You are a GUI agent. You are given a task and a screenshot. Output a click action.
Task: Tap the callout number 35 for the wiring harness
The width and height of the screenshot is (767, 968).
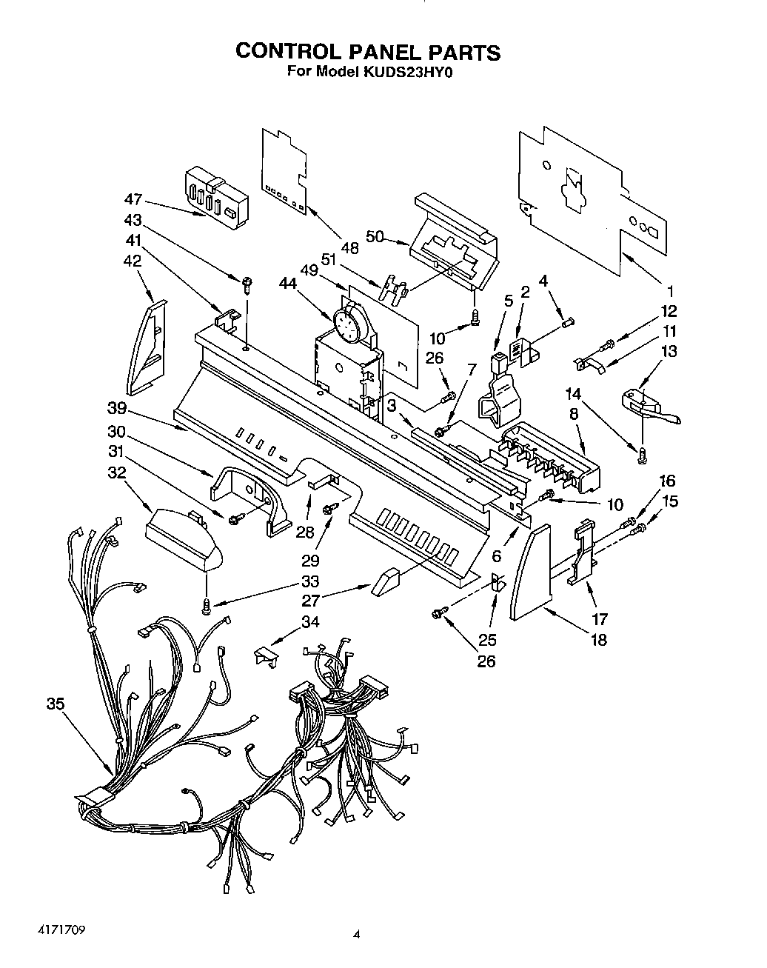[56, 704]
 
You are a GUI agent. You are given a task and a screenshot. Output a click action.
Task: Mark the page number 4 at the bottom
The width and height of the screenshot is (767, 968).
[357, 935]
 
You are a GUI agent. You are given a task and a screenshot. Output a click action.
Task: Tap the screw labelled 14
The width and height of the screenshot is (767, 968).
[642, 458]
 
